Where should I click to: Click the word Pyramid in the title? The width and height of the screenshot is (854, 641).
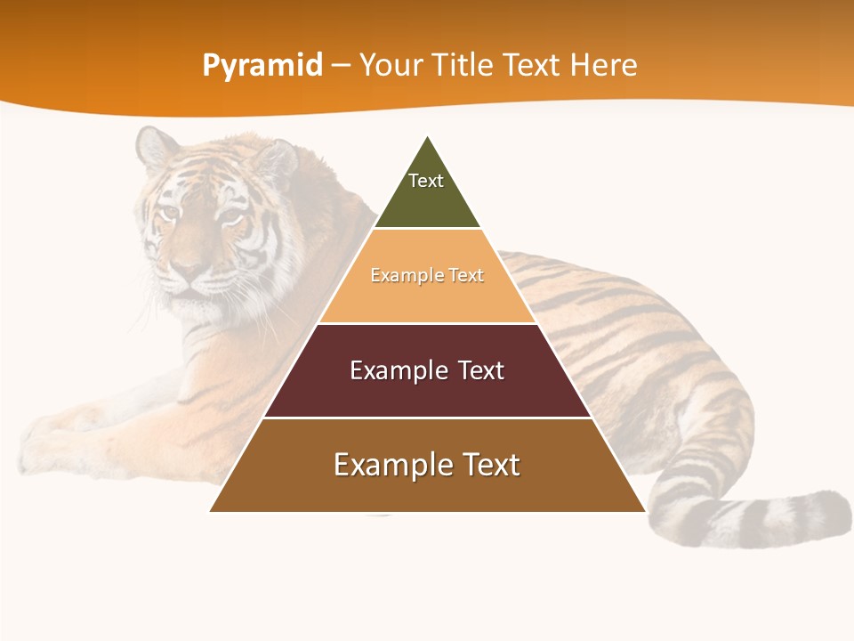(262, 66)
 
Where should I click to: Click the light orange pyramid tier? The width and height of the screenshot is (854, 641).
(427, 298)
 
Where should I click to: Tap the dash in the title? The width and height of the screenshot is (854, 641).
(341, 66)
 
